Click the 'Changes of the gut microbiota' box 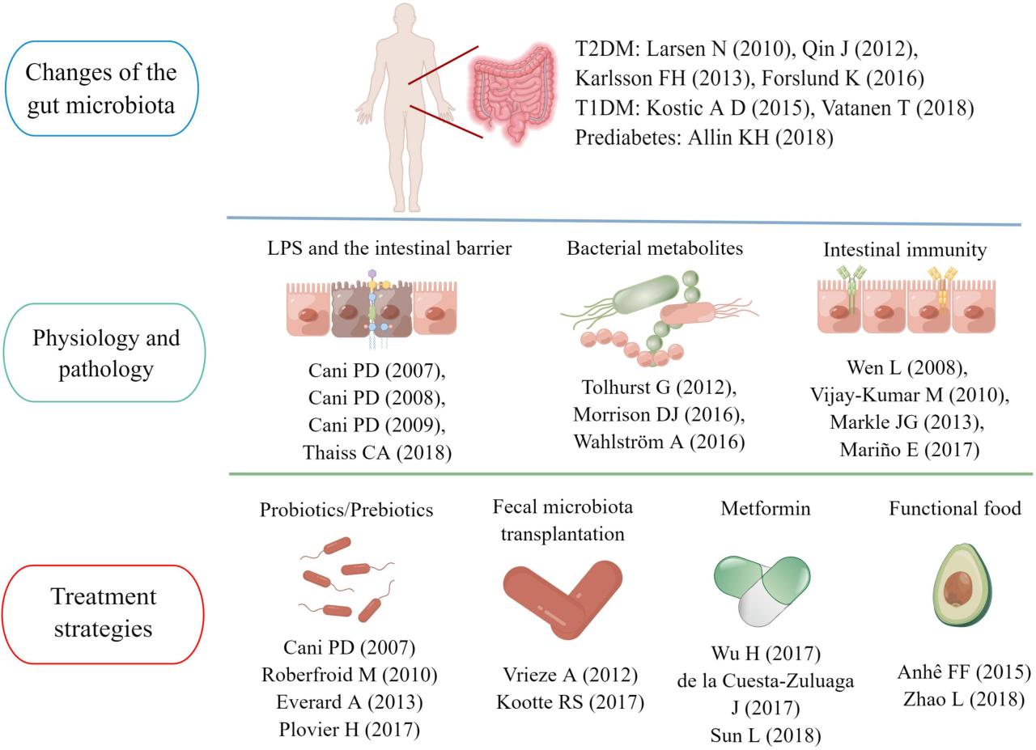(101, 88)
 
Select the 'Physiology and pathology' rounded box (105, 353)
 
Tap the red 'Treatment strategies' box (103, 612)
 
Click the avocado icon (962, 585)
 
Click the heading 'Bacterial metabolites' (655, 248)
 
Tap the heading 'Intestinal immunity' (905, 250)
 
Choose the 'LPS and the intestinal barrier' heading (389, 248)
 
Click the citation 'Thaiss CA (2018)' (377, 452)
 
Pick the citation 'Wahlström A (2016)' (659, 442)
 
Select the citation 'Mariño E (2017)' (909, 450)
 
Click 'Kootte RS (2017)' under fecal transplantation (570, 701)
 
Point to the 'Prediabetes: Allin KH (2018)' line (704, 138)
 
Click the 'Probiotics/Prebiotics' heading (346, 510)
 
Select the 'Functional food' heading (955, 508)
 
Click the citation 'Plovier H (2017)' (350, 729)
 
